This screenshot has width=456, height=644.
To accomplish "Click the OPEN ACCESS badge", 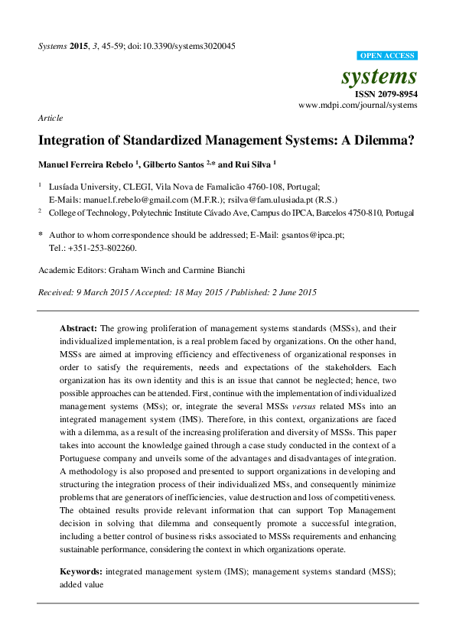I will click(x=387, y=57).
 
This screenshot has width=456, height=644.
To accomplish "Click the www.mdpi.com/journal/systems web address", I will click(x=357, y=106).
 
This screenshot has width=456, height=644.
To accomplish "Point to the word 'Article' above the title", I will click(x=50, y=119).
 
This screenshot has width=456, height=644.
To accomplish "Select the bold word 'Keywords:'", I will click(x=81, y=571).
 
